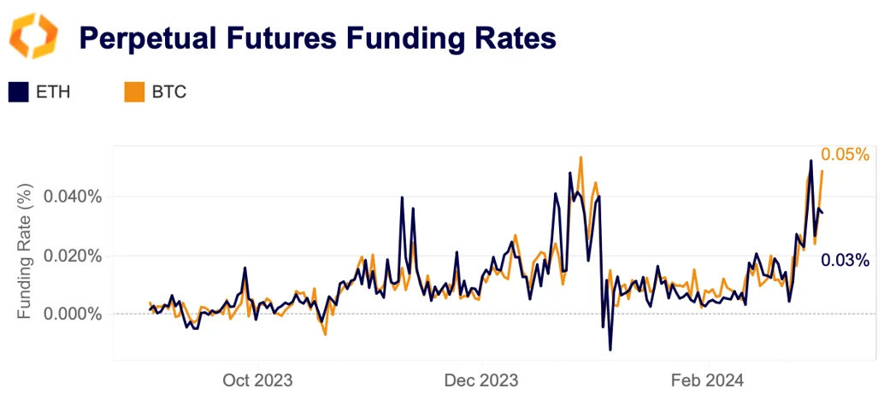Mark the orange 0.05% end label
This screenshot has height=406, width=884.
click(x=845, y=155)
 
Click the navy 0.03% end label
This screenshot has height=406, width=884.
click(x=845, y=260)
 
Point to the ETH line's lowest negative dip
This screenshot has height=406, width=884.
click(x=610, y=350)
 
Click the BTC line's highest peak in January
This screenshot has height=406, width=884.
click(x=580, y=157)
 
